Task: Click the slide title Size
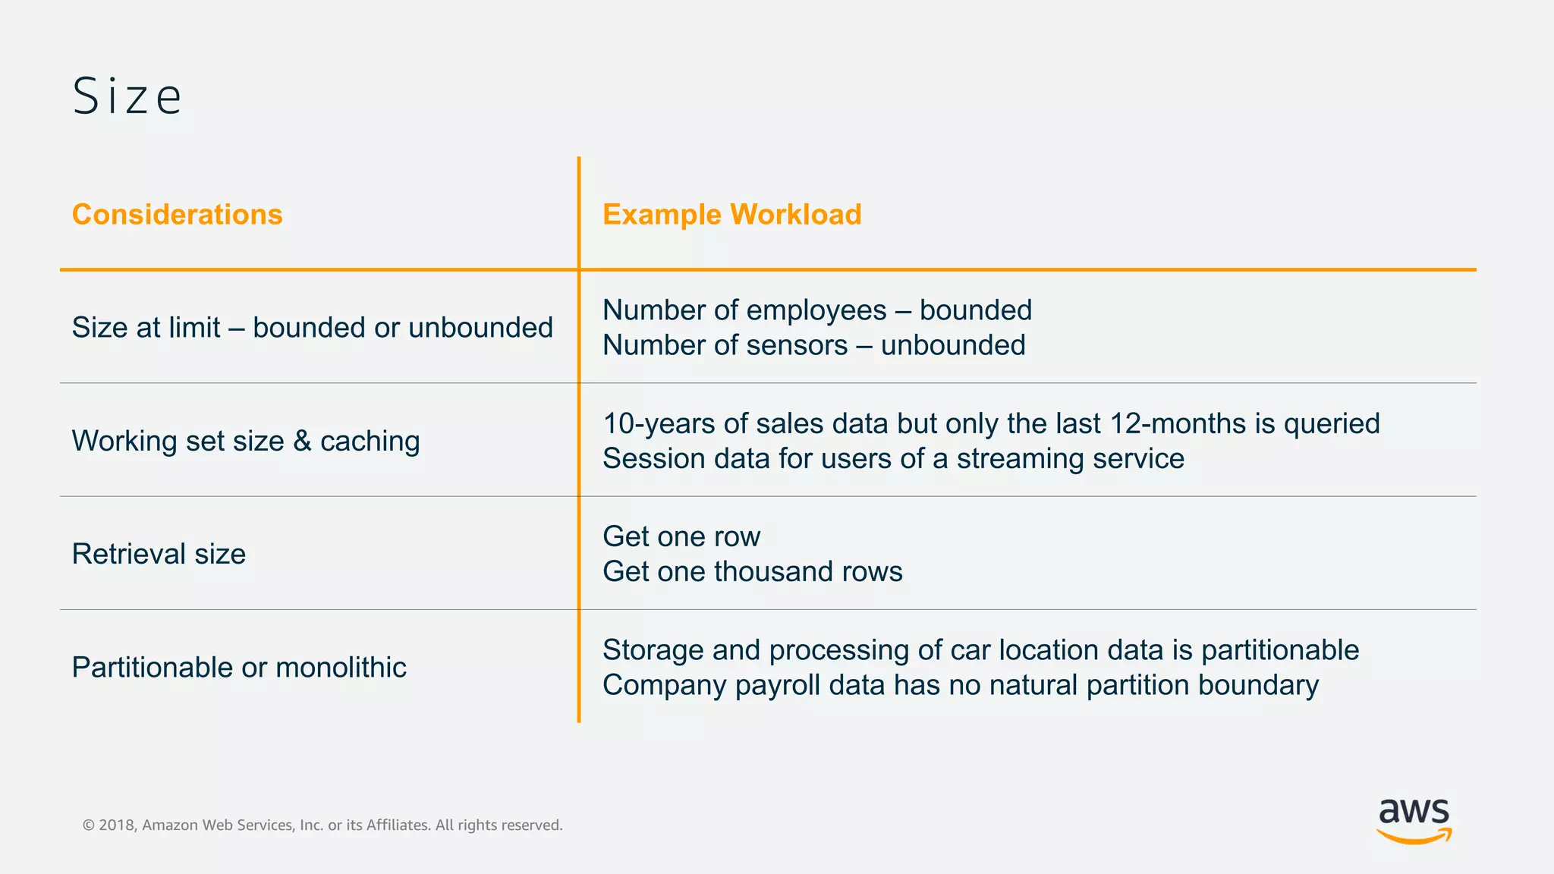pos(127,96)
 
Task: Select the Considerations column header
pos(177,215)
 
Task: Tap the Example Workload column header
pos(731,215)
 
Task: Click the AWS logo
pos(1414,820)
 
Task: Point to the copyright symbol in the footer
pos(89,825)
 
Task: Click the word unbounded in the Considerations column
pos(480,328)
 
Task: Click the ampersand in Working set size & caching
pos(302,441)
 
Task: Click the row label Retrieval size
pos(159,554)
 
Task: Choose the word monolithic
pos(341,668)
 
